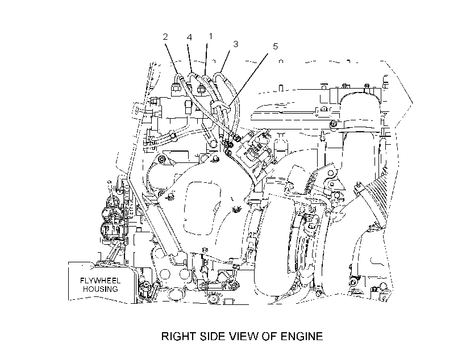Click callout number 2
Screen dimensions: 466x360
pos(165,37)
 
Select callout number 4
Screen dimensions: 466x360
pos(189,37)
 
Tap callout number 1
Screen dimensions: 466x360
pos(211,36)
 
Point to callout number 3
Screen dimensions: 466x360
pos(236,44)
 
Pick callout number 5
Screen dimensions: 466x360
pos(276,47)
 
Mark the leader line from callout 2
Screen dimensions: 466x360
pos(172,58)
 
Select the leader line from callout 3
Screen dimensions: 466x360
pos(225,61)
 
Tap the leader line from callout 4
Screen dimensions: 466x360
pos(190,58)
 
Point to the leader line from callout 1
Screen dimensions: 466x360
pos(206,58)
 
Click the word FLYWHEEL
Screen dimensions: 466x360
pos(100,281)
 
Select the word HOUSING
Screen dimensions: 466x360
pos(100,289)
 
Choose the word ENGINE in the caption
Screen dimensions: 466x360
pos(302,336)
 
